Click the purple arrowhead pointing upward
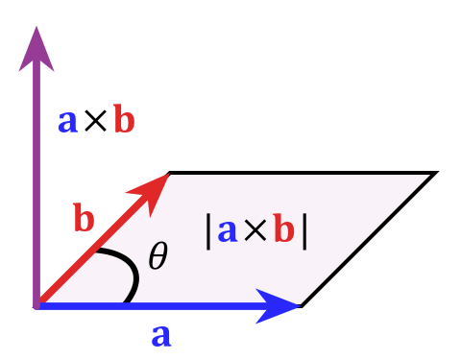(x=36, y=50)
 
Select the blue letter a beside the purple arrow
(x=67, y=121)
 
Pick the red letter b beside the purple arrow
(x=124, y=120)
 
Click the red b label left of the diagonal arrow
(x=84, y=219)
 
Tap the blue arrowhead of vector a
(x=279, y=305)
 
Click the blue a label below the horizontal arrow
(x=161, y=335)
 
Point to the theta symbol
(x=158, y=256)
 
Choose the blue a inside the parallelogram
(x=228, y=230)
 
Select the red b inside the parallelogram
(x=283, y=230)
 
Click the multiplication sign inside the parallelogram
(x=255, y=231)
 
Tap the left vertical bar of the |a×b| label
(x=208, y=230)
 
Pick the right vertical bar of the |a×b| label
(x=304, y=230)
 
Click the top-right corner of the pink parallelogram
(x=426, y=176)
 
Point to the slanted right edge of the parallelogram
(x=365, y=240)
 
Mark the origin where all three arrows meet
(x=36, y=305)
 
